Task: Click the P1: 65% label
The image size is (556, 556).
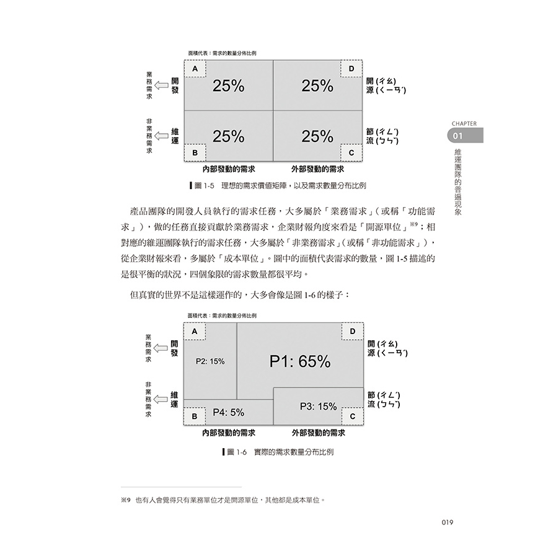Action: coord(300,361)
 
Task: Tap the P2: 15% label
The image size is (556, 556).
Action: coord(210,361)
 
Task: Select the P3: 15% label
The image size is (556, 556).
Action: coord(319,407)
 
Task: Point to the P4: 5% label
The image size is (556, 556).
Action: coord(228,412)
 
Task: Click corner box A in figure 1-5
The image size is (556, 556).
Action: coord(195,68)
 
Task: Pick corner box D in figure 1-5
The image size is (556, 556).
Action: coord(351,68)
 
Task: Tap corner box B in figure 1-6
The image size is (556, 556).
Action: coord(194,416)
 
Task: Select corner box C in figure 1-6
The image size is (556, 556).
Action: coord(353,416)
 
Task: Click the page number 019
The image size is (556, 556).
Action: coord(447,523)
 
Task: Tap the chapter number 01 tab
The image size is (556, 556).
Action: coord(465,136)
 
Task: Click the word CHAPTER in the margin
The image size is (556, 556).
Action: coord(464,123)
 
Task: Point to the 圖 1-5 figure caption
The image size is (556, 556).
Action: coord(278,185)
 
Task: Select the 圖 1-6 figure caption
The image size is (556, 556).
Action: coord(278,452)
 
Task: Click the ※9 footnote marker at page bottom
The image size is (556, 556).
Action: coord(126,500)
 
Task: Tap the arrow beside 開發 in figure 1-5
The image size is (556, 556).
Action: coord(162,86)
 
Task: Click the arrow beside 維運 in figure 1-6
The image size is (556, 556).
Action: coord(161,399)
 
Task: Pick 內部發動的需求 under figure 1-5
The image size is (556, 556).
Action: coord(229,169)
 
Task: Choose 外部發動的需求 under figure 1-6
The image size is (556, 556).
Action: coord(319,433)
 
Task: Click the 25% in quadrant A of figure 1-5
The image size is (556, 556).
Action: coord(228,86)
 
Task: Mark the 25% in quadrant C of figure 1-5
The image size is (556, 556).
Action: coord(317,136)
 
